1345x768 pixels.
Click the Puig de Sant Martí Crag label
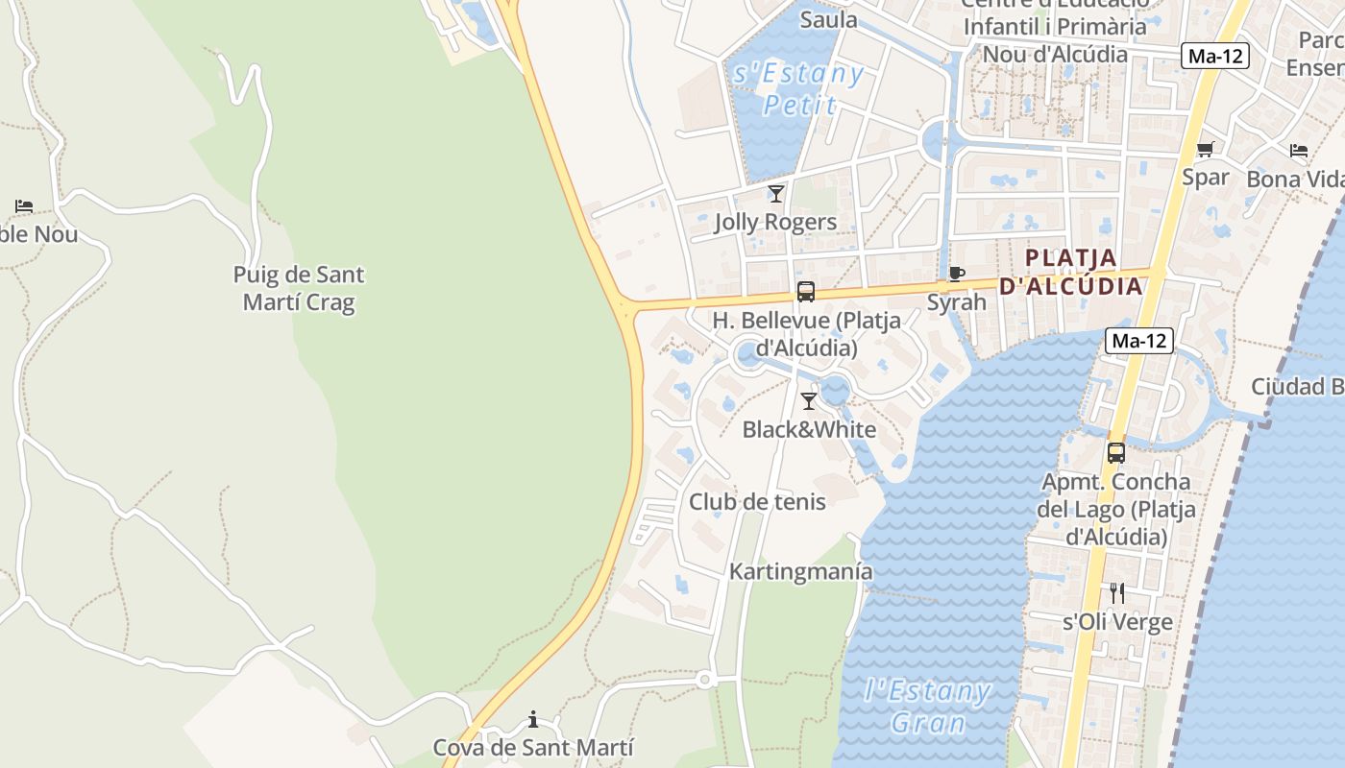click(x=299, y=289)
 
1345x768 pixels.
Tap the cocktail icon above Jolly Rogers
click(x=776, y=194)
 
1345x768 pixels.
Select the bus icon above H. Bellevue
click(x=805, y=292)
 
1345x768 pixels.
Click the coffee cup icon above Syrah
click(x=956, y=274)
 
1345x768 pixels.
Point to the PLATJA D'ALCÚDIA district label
click(x=1072, y=272)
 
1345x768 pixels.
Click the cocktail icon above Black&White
click(x=809, y=401)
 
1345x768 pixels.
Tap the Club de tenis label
click(x=757, y=501)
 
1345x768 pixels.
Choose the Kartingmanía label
click(x=800, y=571)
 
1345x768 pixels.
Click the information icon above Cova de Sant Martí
click(x=533, y=719)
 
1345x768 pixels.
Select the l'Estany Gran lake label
click(x=927, y=706)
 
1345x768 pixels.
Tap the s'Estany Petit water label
click(x=798, y=89)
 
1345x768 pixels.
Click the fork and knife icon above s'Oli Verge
click(x=1116, y=593)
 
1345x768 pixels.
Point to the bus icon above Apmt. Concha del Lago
click(x=1115, y=453)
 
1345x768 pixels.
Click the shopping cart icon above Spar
click(x=1206, y=149)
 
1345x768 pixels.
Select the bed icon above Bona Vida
click(x=1299, y=151)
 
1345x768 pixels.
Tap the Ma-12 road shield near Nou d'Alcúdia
click(x=1215, y=56)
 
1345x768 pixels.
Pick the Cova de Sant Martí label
click(x=533, y=748)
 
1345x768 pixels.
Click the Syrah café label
click(x=956, y=302)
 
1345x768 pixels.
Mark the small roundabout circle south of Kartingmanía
click(x=704, y=680)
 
